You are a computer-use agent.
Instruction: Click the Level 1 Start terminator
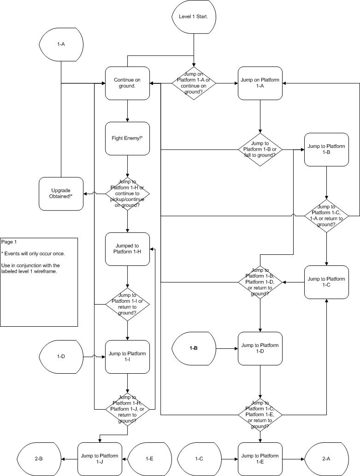point(194,17)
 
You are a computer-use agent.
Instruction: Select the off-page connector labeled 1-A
point(61,45)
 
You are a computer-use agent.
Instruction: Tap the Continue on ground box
point(127,83)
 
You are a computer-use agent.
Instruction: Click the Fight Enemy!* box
point(127,138)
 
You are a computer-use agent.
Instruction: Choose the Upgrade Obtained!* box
point(61,194)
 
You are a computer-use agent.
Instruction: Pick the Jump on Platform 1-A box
point(260,83)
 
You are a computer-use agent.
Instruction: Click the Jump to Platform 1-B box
point(326,149)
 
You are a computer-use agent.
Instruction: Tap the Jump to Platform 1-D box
point(260,348)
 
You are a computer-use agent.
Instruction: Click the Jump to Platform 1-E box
point(260,459)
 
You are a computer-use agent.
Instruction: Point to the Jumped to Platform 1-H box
point(127,249)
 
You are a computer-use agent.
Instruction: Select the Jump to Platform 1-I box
point(127,357)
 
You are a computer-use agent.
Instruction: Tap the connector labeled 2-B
point(39,459)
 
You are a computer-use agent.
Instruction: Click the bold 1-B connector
point(194,348)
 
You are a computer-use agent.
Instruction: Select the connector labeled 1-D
point(61,357)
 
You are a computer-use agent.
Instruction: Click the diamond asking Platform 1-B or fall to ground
point(260,149)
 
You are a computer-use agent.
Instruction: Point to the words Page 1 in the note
point(9,242)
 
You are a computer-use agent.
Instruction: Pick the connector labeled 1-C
point(199,459)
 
